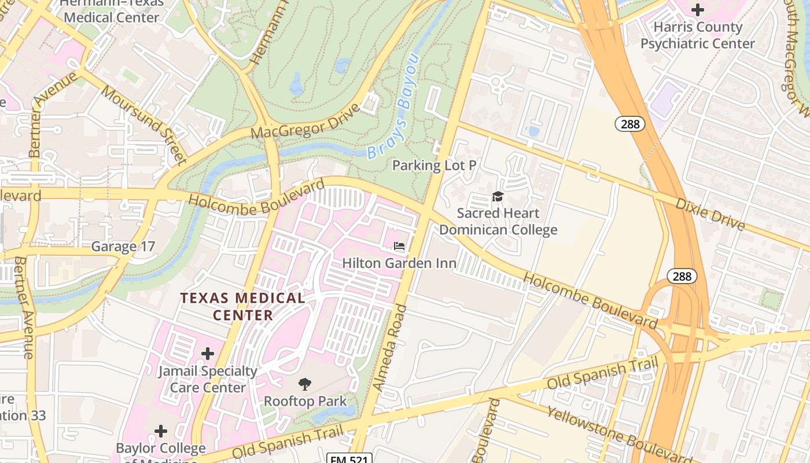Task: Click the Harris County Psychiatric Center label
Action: click(x=697, y=35)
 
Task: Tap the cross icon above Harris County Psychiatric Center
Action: click(x=698, y=9)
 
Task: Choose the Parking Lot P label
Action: click(x=434, y=166)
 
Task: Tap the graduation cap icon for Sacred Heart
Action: click(x=498, y=197)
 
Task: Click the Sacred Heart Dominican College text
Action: click(x=498, y=222)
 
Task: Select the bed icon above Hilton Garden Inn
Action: click(x=399, y=246)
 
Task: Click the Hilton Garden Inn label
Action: click(x=399, y=263)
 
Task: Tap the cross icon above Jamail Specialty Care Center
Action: click(x=208, y=354)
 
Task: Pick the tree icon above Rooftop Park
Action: click(x=305, y=384)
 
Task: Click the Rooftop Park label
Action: click(x=305, y=401)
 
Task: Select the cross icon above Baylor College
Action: click(x=161, y=431)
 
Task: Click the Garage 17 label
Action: click(x=123, y=247)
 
